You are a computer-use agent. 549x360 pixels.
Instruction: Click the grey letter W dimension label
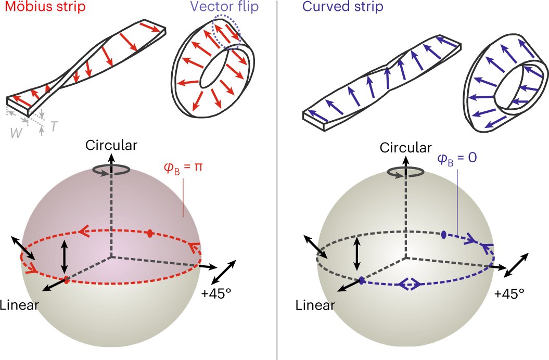pos(17,132)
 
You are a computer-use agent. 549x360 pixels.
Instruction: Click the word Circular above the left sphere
pos(112,146)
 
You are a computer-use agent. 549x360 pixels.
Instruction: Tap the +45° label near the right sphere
pos(509,294)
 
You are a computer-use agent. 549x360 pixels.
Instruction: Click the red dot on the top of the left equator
pos(150,233)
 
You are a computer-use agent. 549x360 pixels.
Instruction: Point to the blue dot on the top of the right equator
pos(444,235)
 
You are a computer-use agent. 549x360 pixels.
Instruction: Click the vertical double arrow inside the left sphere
pos(64,256)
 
